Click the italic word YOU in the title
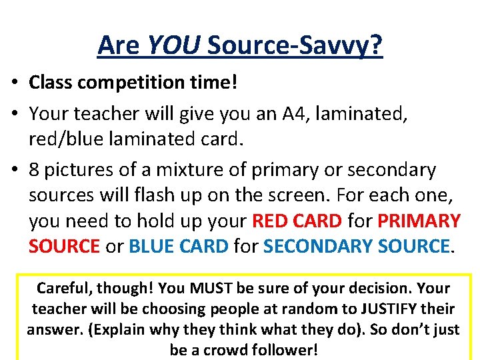[x=173, y=45]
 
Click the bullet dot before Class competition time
[x=13, y=83]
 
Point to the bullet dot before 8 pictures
[x=13, y=170]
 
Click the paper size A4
[x=304, y=115]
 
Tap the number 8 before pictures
[x=34, y=170]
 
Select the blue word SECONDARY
[x=318, y=246]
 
